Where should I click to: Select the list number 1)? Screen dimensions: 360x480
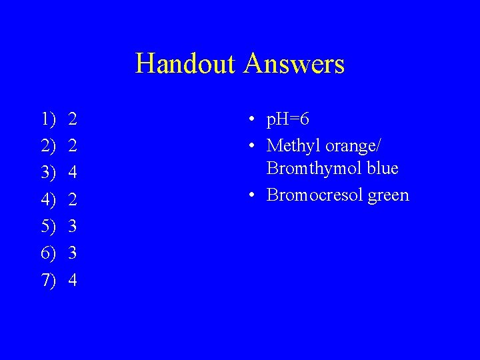click(49, 120)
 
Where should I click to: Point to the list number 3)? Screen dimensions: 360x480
click(49, 173)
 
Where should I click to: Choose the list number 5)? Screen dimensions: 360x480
click(49, 227)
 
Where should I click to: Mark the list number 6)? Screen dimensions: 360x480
click(49, 253)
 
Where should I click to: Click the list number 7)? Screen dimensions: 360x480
click(49, 280)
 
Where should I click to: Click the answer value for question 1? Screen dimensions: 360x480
click(73, 120)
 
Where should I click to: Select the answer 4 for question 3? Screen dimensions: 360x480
click(73, 173)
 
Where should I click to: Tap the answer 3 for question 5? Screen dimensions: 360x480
click(73, 227)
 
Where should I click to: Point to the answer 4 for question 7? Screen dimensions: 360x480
click(73, 280)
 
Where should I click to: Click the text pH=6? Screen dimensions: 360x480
click(288, 120)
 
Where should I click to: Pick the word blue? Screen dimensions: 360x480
click(383, 169)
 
